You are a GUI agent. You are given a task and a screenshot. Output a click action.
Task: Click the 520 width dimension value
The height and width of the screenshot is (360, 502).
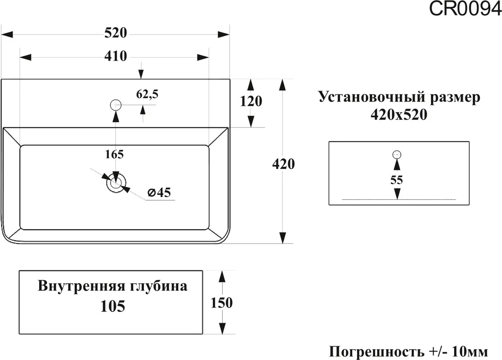coord(116,33)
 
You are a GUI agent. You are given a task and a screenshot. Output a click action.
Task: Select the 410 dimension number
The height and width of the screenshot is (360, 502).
coord(116,56)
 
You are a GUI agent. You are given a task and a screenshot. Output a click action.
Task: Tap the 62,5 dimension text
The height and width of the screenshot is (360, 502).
coord(147,94)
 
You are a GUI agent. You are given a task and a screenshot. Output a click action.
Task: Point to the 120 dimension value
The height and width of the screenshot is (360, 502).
coord(251,101)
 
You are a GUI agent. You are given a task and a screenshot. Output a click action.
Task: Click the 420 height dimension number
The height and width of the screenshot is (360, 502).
coord(283,164)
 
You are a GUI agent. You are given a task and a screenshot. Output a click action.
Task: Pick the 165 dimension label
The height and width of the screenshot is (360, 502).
coord(114,154)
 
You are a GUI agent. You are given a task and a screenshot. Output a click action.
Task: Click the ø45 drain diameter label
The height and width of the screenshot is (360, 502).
coord(159,192)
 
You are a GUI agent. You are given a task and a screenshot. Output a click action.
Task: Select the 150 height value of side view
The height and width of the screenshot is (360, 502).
coord(222,303)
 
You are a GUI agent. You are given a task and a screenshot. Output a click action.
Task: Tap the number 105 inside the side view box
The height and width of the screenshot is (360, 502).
coord(113,306)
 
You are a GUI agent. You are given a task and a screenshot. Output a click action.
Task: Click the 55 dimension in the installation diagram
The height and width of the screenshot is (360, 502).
coord(396,180)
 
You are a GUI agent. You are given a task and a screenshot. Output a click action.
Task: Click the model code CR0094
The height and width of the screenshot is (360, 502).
coord(465,9)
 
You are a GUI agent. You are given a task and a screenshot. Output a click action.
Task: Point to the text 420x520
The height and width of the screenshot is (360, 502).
coord(399,114)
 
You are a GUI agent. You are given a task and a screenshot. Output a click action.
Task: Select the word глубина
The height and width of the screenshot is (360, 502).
coord(158,286)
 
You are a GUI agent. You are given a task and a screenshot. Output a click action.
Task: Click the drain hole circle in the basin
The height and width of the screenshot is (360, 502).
coord(116,183)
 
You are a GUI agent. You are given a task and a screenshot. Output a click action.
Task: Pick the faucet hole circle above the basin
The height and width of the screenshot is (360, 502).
coord(116,105)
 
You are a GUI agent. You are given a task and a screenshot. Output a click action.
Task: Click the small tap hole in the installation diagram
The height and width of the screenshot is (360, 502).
coord(397,155)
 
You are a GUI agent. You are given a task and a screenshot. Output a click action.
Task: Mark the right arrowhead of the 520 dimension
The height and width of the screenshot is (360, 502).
coord(224,34)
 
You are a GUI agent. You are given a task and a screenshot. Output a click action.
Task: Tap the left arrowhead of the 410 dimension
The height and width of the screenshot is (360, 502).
coord(26,57)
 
